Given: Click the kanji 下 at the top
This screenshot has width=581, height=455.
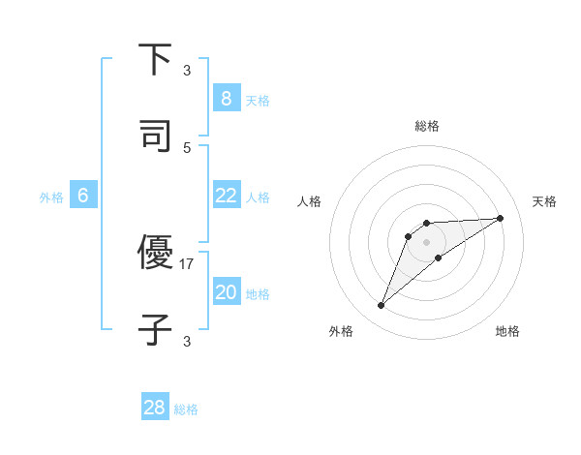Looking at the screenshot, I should pos(155,61).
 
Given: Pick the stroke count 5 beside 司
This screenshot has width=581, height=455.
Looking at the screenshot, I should pos(187,147).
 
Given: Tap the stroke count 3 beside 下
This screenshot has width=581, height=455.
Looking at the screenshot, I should pos(187,71).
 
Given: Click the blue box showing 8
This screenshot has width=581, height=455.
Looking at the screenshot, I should pos(226,99).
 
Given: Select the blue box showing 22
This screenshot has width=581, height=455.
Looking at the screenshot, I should pos(226,196).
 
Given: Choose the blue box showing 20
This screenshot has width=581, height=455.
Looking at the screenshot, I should pos(226,292).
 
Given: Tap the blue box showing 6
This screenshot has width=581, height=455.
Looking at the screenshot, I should pos(83,196).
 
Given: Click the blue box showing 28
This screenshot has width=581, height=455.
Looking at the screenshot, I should pos(155,408).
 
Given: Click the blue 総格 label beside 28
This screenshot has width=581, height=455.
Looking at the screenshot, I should pos(186,409).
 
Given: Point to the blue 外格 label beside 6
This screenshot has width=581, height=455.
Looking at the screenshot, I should pos(51,197).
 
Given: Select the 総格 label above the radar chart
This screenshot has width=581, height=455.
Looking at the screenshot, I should pos(427,126).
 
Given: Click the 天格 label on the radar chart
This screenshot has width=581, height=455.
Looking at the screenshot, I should pos(544,201).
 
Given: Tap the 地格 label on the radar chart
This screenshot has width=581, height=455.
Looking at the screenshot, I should pos(507,331).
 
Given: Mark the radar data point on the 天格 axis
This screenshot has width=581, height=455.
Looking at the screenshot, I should pos(501,218).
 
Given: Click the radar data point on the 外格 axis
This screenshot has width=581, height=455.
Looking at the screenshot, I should pos(382,306).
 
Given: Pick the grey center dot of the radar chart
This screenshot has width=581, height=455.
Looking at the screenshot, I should pos(427,241).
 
